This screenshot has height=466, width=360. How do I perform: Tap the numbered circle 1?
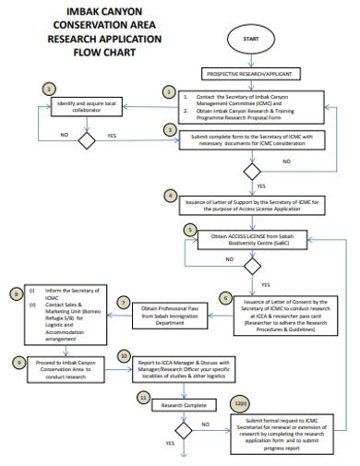pyautogui.click(x=168, y=91)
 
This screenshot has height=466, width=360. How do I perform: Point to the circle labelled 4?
pyautogui.click(x=168, y=195)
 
